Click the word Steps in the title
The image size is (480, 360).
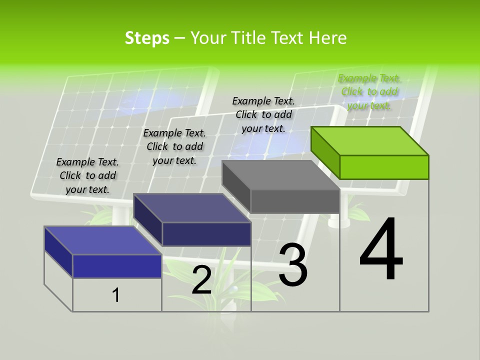147,38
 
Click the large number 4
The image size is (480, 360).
381,250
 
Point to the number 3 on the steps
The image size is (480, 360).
292,265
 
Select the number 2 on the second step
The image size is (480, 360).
201,280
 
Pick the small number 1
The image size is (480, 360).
116,295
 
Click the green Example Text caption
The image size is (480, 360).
369,92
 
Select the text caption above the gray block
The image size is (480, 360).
263,114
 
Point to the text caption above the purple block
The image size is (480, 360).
174,146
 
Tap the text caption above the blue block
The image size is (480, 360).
87,175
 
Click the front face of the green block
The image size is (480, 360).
384,167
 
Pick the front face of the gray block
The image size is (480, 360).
295,201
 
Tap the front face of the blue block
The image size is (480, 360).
117,266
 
